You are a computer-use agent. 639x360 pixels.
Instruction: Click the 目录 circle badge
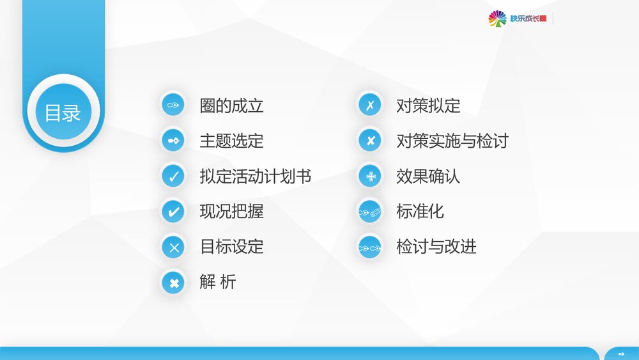click(x=63, y=113)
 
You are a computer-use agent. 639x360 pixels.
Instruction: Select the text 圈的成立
click(x=231, y=106)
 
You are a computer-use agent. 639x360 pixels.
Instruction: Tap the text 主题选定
click(x=231, y=141)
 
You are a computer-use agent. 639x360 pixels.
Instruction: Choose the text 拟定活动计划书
click(x=255, y=176)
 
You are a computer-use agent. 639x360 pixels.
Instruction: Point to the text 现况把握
click(x=231, y=211)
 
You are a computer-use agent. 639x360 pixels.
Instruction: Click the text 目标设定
click(x=231, y=246)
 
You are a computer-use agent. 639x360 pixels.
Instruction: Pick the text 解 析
click(x=217, y=281)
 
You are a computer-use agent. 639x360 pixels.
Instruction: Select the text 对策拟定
click(x=428, y=106)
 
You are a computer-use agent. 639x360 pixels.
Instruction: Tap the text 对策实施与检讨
click(x=452, y=141)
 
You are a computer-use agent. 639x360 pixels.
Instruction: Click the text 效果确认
click(x=428, y=176)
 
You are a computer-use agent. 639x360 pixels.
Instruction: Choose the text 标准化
click(x=420, y=211)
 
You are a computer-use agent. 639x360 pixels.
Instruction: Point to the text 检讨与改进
click(x=436, y=246)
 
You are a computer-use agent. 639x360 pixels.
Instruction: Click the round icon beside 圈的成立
click(x=173, y=105)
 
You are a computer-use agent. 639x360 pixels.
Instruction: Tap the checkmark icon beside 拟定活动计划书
click(x=173, y=176)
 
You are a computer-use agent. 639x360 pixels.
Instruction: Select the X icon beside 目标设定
click(x=173, y=247)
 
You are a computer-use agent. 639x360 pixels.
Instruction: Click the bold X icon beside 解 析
click(x=173, y=282)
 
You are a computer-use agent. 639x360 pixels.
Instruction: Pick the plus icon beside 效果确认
click(x=370, y=176)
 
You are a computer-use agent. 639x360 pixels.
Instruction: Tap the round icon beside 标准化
click(x=370, y=212)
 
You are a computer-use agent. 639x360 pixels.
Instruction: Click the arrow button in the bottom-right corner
click(x=621, y=354)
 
